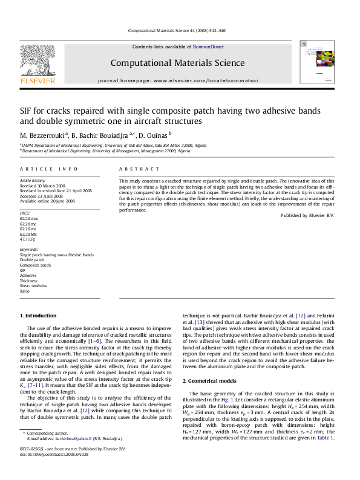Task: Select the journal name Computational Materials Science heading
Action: (178, 63)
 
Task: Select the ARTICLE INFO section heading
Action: (48, 169)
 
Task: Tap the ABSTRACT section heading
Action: (139, 169)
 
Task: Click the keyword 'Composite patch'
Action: (35, 265)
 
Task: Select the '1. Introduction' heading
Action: (38, 316)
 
